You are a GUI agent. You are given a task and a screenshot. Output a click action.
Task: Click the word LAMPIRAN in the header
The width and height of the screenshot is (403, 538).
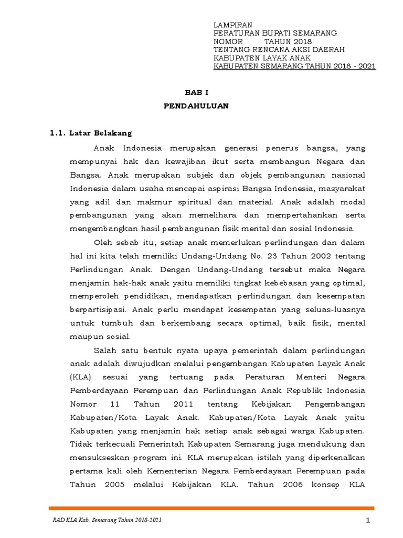coord(232,25)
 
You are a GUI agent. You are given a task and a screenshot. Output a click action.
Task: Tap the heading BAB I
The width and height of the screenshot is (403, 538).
coord(196,91)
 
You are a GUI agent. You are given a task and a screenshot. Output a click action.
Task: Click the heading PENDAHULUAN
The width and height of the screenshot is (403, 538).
coord(196,106)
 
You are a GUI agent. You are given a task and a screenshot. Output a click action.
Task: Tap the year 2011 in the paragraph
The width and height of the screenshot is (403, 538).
coord(183,404)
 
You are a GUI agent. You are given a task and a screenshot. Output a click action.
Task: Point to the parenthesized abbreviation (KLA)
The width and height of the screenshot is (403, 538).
coord(80,377)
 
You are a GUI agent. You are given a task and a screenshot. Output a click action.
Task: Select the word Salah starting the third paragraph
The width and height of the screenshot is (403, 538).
coord(105,350)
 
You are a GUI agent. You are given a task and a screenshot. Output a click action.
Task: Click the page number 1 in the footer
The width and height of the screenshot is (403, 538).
coord(368,520)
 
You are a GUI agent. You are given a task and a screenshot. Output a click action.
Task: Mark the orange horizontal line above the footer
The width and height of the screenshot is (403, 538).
coord(211,508)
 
